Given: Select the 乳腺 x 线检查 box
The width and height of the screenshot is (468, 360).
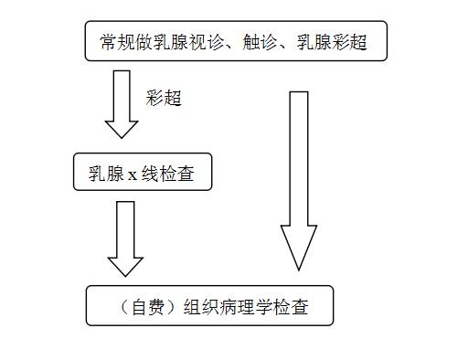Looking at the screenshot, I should coord(142,173).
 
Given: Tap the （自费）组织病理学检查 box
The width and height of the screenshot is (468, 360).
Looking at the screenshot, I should coord(209,306).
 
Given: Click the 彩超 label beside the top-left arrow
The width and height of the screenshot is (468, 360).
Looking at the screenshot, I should coord(164,98).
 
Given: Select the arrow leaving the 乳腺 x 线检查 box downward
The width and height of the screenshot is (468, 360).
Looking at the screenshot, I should coord(125,237).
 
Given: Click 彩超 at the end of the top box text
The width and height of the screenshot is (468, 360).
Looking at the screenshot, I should coord(350,42).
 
